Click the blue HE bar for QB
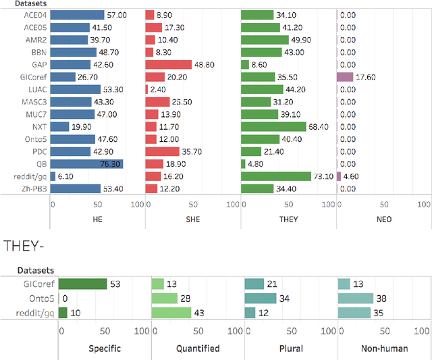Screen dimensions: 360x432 (86, 163)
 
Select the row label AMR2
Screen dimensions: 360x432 (36, 40)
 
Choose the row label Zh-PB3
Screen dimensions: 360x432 (34, 188)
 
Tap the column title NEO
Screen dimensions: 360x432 (384, 219)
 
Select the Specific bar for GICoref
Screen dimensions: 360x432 (82, 284)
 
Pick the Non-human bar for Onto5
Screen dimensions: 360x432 (355, 299)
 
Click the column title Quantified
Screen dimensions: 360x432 (198, 349)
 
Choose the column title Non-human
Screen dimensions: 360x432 (384, 349)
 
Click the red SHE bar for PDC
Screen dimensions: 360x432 (163, 151)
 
